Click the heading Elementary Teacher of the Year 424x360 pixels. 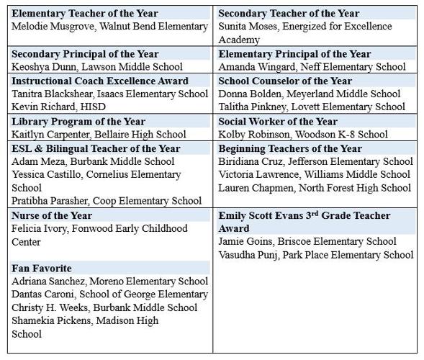point(84,13)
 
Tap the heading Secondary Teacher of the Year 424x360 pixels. point(289,13)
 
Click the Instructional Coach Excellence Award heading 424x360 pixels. point(100,81)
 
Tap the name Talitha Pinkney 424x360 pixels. point(252,107)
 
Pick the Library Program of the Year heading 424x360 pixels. point(78,121)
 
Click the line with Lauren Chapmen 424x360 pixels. point(315,188)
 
